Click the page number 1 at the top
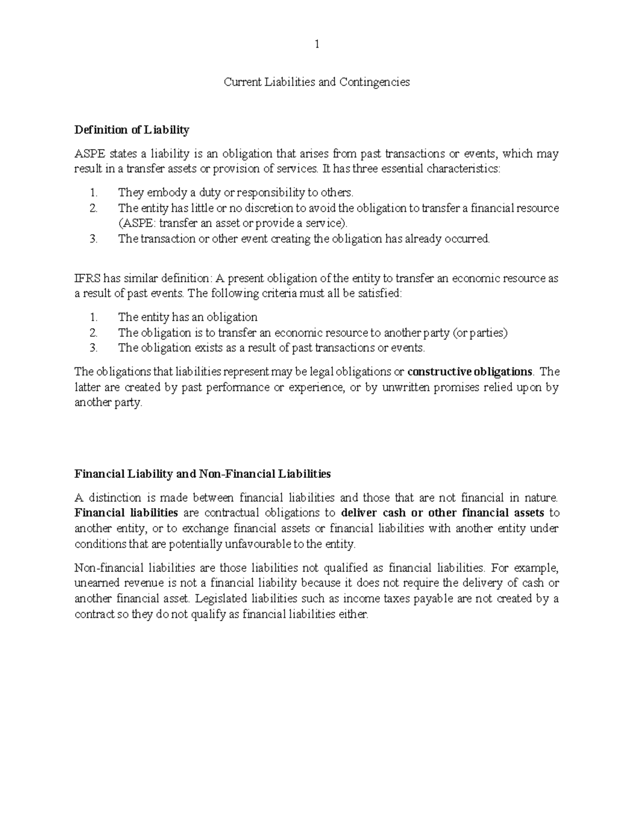pos(316,44)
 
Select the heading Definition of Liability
pos(132,130)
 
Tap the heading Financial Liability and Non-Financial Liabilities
pos(203,474)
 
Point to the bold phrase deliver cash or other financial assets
pos(443,513)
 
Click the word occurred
pos(467,238)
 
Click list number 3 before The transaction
pos(94,238)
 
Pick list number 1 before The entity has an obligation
pos(94,317)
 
